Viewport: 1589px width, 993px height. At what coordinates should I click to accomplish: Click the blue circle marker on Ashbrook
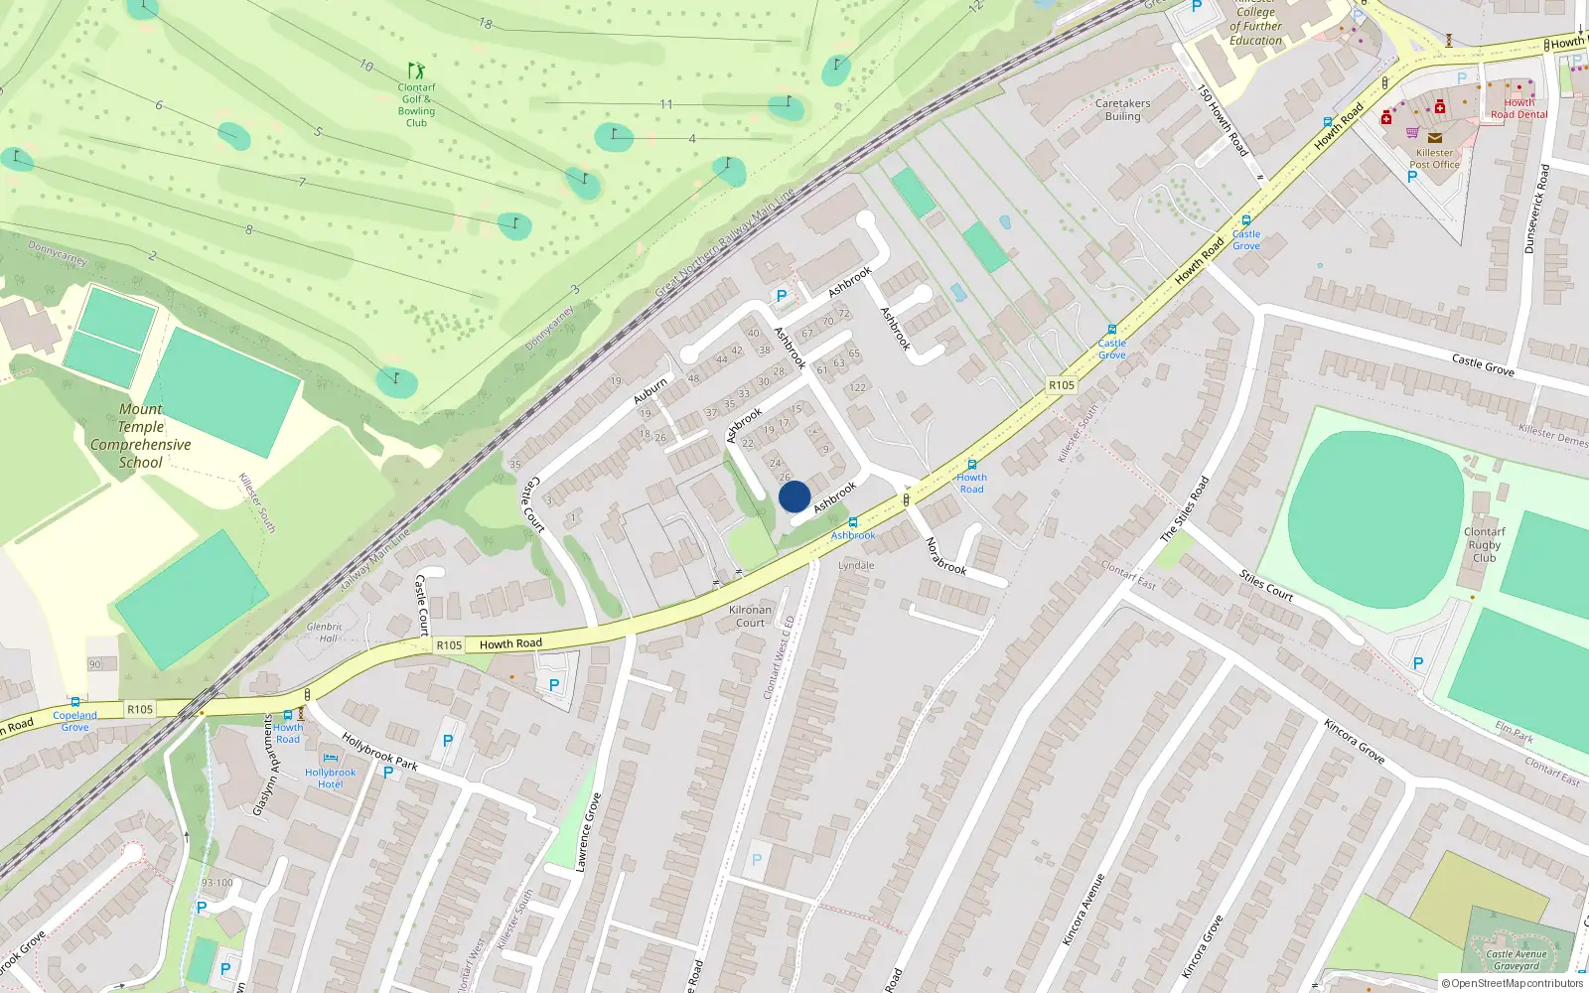(x=794, y=496)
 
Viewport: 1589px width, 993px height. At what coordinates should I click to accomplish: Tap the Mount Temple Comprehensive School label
(x=140, y=436)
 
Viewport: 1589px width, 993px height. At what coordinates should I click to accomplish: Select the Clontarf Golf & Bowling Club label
(x=417, y=104)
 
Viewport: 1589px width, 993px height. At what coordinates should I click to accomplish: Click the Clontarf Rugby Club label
(x=1484, y=545)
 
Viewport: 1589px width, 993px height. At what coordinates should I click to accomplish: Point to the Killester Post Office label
(x=1434, y=159)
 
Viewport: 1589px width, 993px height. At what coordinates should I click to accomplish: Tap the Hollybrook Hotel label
(x=330, y=779)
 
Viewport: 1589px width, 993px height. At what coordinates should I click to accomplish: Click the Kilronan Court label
(x=750, y=617)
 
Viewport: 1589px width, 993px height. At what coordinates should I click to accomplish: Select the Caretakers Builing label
(x=1122, y=109)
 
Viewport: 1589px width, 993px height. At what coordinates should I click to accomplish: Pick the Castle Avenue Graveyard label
(x=1517, y=960)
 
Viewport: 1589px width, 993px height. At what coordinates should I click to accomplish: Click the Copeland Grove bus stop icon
(x=74, y=702)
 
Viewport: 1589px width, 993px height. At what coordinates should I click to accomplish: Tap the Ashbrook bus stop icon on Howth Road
(x=853, y=521)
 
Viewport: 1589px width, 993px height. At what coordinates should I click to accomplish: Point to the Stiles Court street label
(x=1266, y=586)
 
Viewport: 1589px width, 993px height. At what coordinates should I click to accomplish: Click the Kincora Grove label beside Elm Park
(x=1354, y=741)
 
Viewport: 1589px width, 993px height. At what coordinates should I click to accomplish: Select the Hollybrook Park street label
(x=379, y=752)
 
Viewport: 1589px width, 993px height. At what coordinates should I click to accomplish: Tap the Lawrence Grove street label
(x=589, y=832)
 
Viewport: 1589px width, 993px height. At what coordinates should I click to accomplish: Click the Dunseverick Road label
(x=1536, y=209)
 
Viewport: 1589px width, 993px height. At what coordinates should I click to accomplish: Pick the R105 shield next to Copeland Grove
(x=140, y=709)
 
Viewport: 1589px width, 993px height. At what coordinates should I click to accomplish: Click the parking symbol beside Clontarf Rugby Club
(x=1418, y=663)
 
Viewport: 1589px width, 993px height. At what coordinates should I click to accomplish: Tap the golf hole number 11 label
(x=666, y=104)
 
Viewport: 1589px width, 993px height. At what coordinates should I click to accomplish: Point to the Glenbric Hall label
(x=325, y=633)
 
